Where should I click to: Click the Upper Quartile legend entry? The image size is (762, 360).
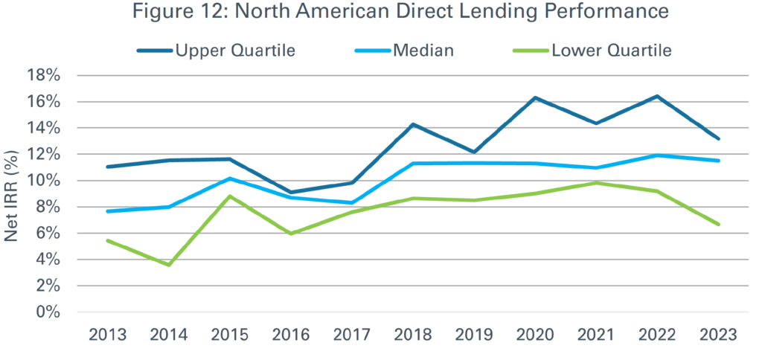[217, 51]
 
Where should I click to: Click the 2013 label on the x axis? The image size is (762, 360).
[108, 335]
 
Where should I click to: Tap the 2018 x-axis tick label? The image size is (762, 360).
[413, 335]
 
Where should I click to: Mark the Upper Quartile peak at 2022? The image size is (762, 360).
[657, 96]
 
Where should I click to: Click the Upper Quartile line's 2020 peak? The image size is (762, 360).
[535, 97]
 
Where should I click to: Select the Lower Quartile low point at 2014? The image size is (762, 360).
[169, 265]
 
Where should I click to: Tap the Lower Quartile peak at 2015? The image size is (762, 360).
[230, 196]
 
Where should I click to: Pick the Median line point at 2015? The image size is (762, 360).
[230, 179]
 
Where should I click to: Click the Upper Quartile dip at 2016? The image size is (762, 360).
[291, 193]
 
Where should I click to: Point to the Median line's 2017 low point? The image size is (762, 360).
[352, 202]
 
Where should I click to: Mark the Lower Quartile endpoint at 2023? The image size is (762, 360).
[718, 224]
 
